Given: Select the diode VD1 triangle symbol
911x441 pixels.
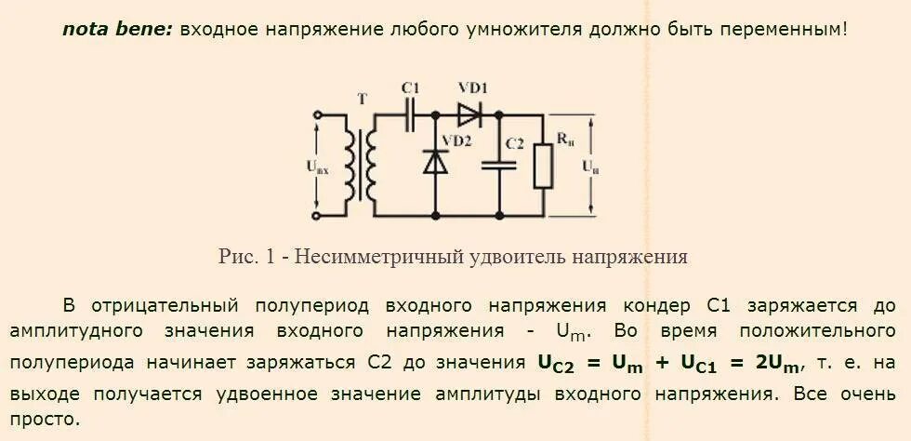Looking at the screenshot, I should coord(469,115).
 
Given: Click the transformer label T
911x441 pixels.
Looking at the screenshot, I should coord(361,96).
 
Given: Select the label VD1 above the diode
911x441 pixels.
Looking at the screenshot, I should coord(473,87).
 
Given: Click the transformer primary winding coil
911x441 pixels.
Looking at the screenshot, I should coord(350,165).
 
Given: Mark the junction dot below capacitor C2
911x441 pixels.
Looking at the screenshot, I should coord(499,216).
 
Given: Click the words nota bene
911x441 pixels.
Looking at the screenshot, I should coord(117,29).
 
